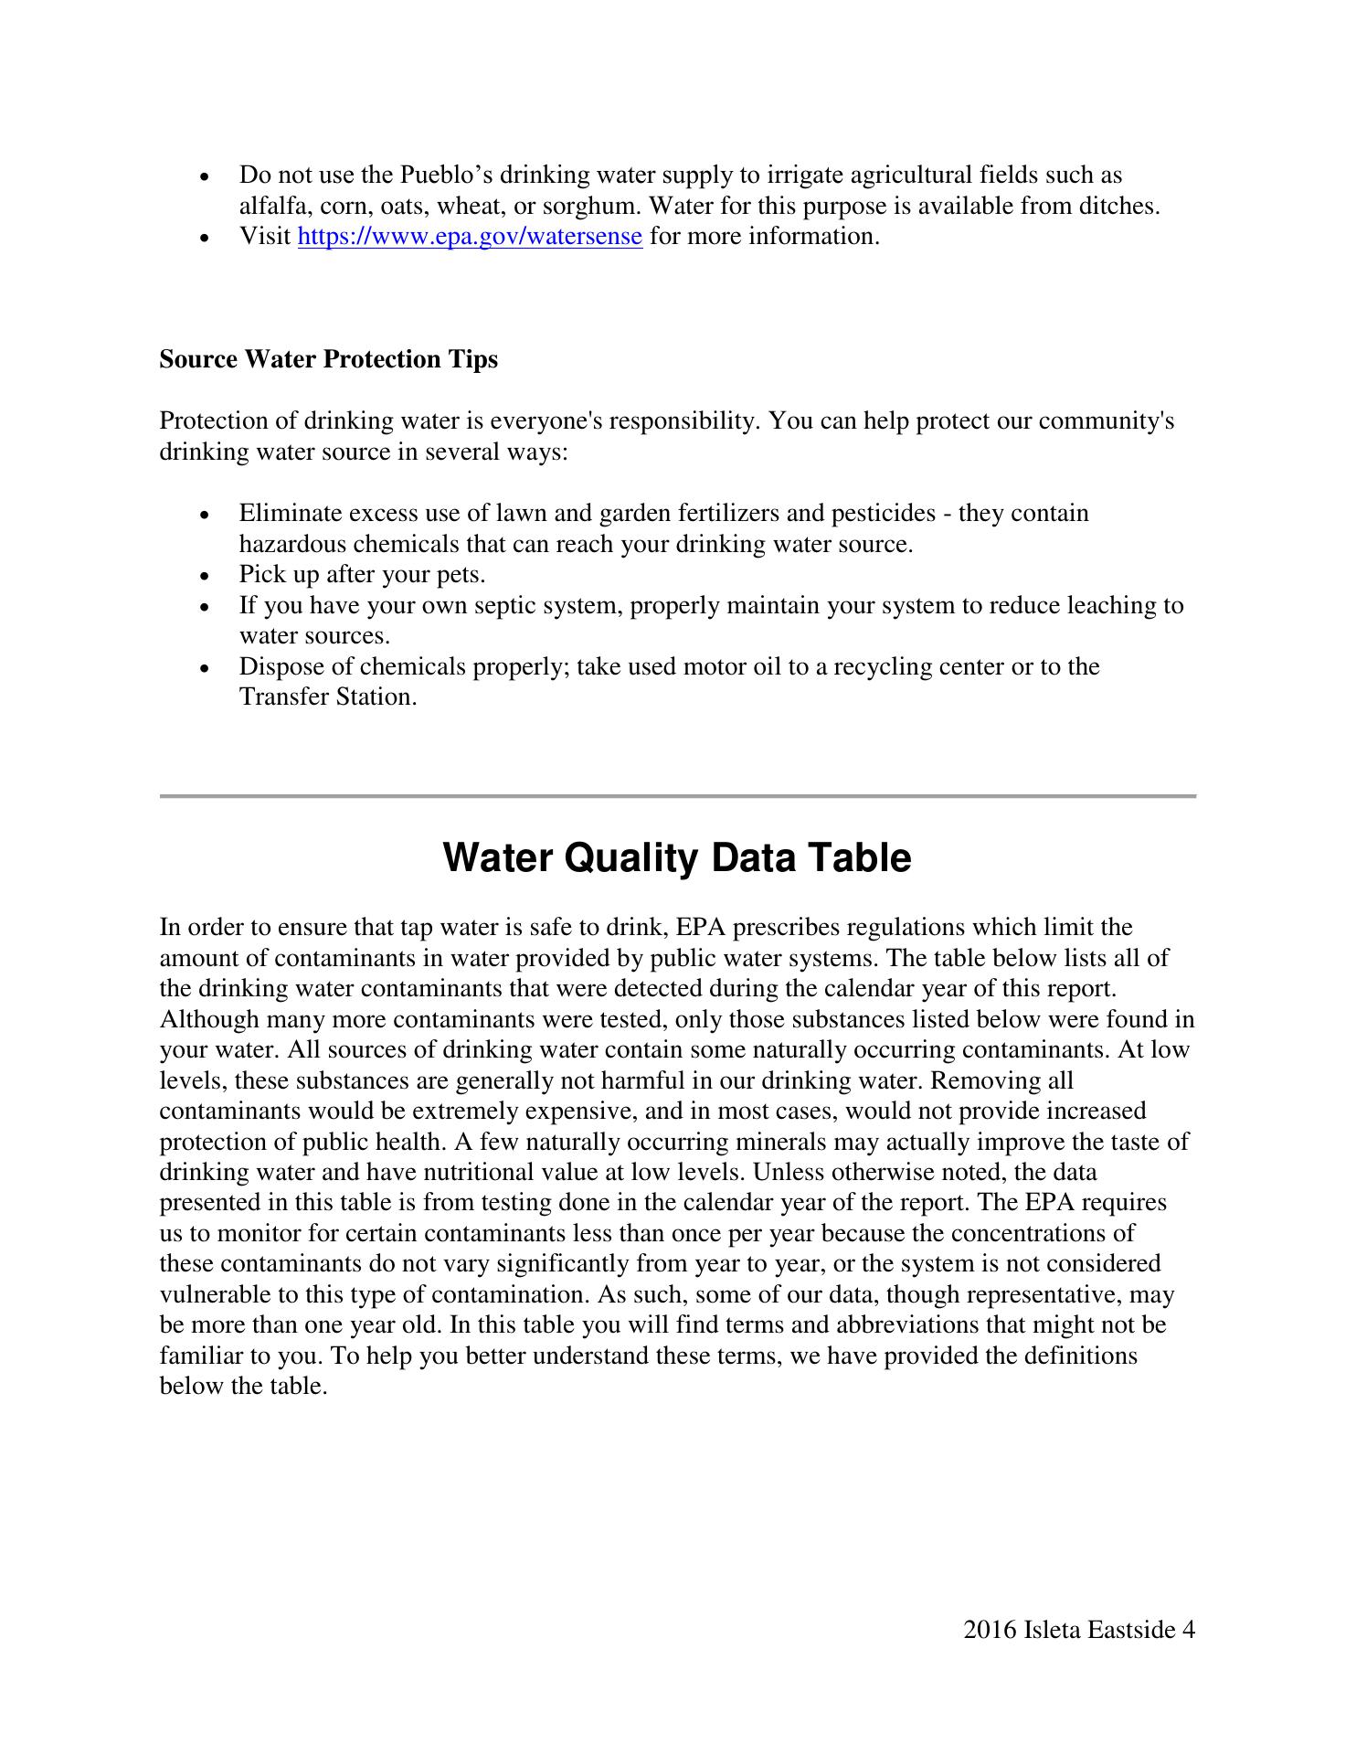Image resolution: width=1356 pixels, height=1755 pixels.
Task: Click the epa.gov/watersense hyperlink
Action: click(x=470, y=237)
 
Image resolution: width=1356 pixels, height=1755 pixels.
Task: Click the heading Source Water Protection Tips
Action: click(x=329, y=359)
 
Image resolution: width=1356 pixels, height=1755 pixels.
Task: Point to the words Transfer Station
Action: click(x=327, y=697)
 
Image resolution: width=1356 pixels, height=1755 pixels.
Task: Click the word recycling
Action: click(x=870, y=667)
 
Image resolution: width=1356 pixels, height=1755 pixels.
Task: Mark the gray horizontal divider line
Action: click(x=678, y=796)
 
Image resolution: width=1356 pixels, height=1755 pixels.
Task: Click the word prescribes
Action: click(x=787, y=929)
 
